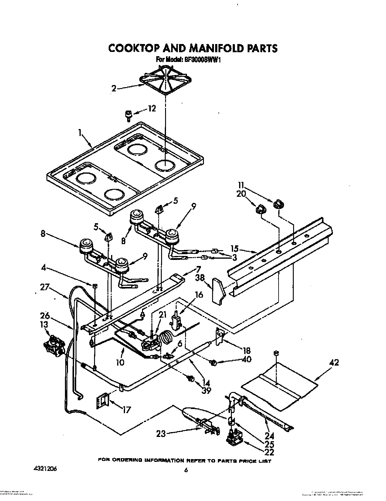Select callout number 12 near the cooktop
[152, 108]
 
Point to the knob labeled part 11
[278, 205]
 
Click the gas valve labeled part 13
[53, 346]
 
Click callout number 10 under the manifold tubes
[120, 362]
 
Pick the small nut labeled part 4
[95, 286]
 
